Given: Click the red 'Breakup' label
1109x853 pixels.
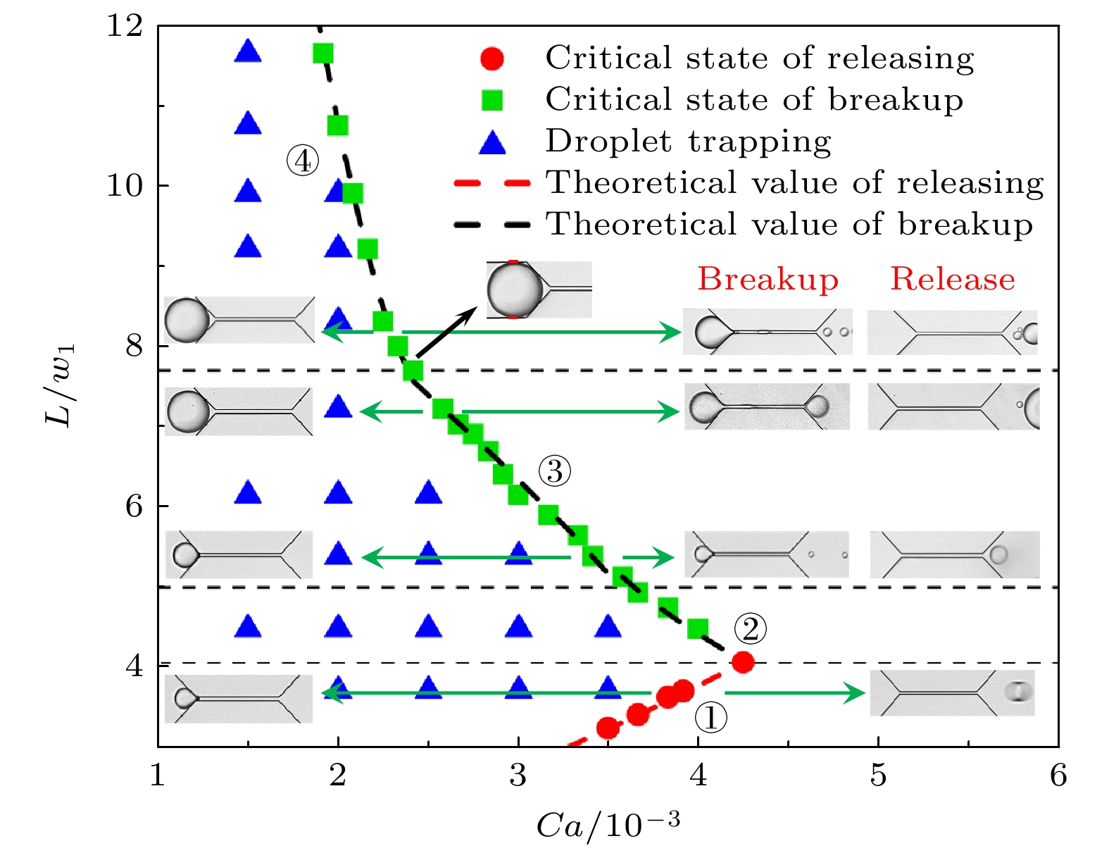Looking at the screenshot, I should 767,280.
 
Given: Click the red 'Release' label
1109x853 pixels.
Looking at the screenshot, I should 953,279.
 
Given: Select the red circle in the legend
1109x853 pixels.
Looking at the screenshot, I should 492,58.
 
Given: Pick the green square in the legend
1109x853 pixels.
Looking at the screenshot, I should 492,100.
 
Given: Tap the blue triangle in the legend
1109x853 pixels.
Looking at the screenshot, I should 492,143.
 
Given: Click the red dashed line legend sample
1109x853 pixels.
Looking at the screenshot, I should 492,183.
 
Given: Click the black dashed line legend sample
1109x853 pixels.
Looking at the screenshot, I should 492,225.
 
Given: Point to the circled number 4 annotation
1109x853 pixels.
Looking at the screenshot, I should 303,161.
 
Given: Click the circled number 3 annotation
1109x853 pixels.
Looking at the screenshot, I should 554,471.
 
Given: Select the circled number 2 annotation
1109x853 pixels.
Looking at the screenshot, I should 750,628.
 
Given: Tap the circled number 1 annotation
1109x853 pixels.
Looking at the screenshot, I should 710,718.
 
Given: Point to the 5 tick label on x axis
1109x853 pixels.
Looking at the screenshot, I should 878,775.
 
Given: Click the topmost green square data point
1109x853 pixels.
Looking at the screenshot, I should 322,54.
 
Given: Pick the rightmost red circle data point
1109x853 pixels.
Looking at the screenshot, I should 743,662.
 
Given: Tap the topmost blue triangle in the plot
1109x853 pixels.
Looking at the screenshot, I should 248,51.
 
